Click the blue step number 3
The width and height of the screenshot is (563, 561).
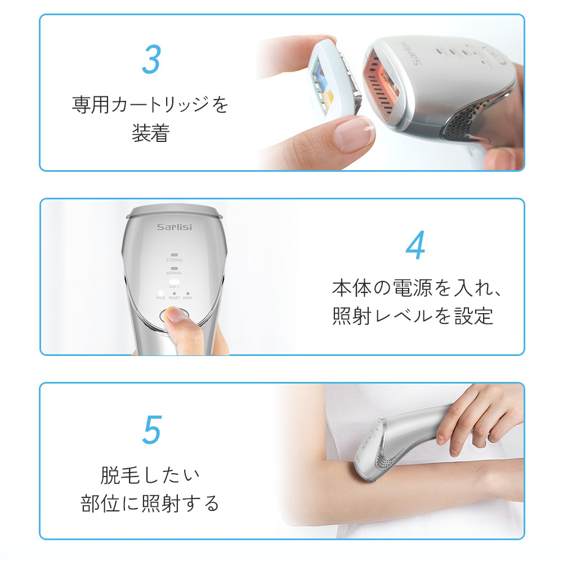click(151, 59)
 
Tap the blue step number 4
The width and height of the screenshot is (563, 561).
click(416, 245)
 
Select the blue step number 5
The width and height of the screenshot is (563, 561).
click(152, 430)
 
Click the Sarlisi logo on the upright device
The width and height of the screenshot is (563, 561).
click(175, 227)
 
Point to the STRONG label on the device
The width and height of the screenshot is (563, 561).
click(174, 260)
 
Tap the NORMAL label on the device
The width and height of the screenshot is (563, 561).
click(174, 273)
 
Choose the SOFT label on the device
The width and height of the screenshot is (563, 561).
click(174, 286)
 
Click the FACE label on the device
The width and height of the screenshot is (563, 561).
click(160, 298)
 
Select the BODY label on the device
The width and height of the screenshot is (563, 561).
click(188, 298)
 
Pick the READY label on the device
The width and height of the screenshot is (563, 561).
click(174, 298)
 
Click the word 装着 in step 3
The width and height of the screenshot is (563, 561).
click(151, 133)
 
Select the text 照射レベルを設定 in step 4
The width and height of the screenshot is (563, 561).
click(413, 316)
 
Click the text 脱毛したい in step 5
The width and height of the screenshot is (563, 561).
click(150, 475)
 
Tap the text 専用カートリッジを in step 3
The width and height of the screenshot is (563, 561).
click(150, 105)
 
